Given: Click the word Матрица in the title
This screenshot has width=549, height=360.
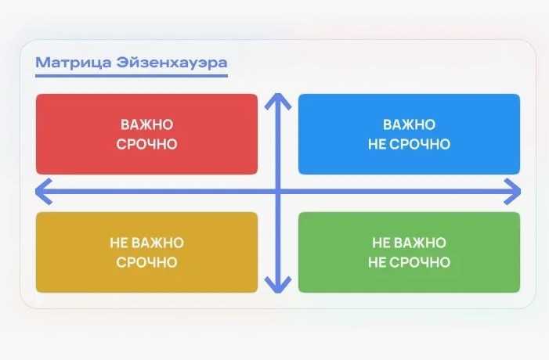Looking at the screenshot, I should tap(66, 62).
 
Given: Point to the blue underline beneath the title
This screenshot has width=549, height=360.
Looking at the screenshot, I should tap(131, 76).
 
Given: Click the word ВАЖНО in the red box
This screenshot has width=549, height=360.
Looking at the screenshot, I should tap(146, 125).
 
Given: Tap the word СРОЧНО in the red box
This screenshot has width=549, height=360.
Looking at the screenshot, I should tap(146, 144).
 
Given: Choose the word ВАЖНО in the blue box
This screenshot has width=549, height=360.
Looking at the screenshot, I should tap(409, 125).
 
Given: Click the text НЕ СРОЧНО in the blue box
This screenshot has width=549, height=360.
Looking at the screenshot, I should tap(409, 144).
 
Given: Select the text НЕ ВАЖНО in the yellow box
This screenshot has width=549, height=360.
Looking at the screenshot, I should tap(146, 243).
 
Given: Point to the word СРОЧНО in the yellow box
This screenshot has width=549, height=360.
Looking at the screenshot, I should tap(146, 262).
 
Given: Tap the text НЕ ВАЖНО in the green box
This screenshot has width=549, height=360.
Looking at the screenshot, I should tap(409, 243).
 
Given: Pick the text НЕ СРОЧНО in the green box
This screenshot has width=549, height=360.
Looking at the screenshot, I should tap(409, 262).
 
